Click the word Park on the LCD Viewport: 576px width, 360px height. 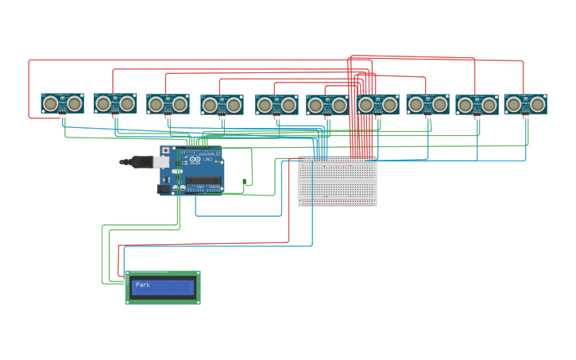click(x=142, y=285)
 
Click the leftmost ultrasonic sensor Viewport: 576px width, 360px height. click(x=62, y=103)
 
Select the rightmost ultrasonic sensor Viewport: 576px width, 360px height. click(x=525, y=104)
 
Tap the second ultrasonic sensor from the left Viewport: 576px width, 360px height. click(x=115, y=103)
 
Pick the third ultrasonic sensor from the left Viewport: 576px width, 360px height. click(x=168, y=104)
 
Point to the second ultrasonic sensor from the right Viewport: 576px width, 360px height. click(x=477, y=105)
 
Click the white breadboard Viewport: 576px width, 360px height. click(x=338, y=181)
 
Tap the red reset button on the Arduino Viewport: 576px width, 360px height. click(x=166, y=150)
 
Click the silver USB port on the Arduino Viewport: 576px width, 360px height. click(x=161, y=161)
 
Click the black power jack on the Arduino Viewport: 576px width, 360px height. click(x=164, y=189)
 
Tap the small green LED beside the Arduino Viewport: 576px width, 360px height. click(x=245, y=183)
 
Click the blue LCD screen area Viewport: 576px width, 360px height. click(x=163, y=287)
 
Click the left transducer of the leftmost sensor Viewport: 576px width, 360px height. click(x=51, y=103)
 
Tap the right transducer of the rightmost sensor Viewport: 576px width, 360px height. click(x=538, y=104)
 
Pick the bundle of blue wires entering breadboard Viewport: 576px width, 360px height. click(x=320, y=147)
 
